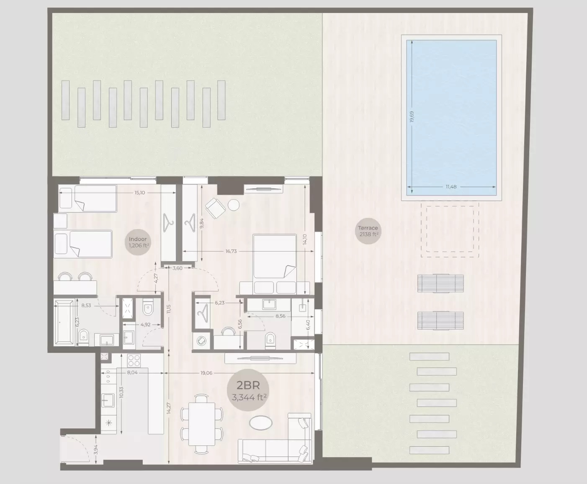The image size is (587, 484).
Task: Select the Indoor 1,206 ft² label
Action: tap(138, 242)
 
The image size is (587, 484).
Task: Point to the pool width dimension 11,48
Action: tap(451, 187)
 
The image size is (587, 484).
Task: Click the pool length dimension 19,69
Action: tap(412, 117)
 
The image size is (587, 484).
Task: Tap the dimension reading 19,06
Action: tap(206, 373)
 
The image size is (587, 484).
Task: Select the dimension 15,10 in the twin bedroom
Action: tap(139, 193)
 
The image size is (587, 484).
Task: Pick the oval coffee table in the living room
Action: tap(261, 423)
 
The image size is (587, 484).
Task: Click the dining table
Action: tap(202, 423)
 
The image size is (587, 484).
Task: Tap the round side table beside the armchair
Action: tap(234, 205)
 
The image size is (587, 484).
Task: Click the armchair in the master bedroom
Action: tap(215, 208)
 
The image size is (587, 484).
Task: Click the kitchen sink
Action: tap(108, 401)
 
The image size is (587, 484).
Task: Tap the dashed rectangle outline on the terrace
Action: tap(452, 231)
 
